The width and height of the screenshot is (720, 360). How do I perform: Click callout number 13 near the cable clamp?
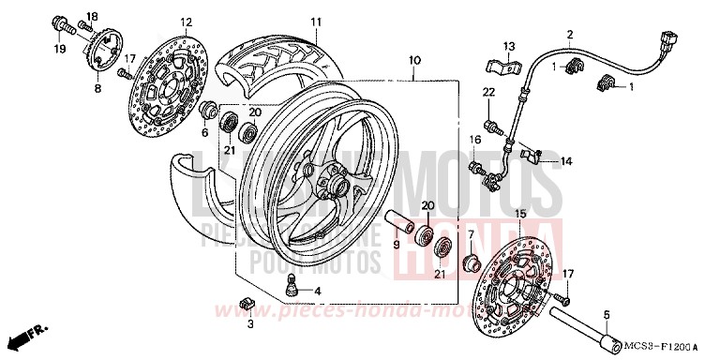508,46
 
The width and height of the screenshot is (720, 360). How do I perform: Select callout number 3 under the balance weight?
250,323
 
